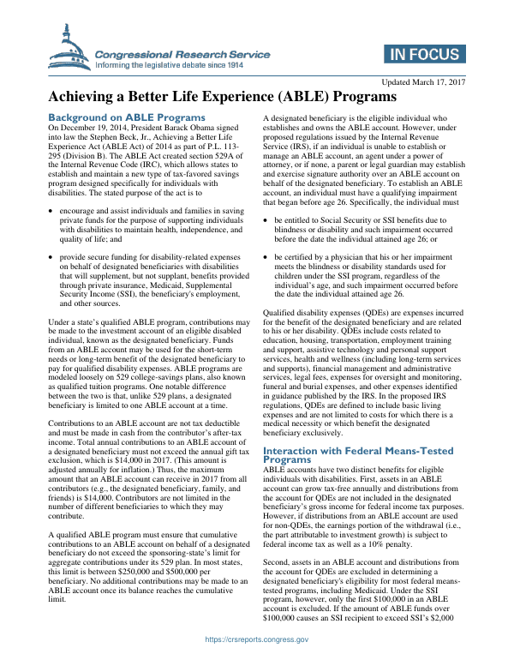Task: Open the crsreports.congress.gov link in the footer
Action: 256,653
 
